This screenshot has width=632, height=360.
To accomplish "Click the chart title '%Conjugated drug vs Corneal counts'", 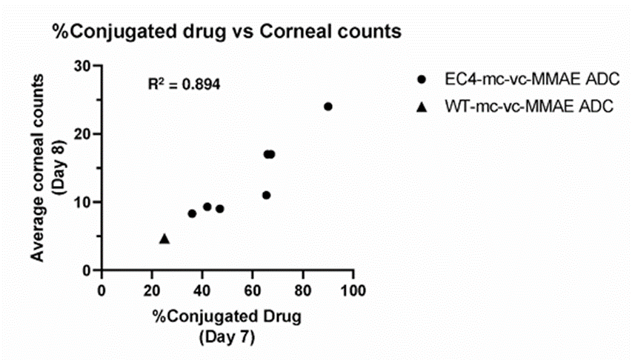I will [226, 32].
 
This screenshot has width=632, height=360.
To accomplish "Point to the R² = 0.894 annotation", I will [184, 84].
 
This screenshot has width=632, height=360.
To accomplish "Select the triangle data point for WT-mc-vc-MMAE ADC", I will [164, 239].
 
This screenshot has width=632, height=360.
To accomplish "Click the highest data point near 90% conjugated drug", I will [328, 107].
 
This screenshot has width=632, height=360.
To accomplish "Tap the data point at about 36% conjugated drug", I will [192, 213].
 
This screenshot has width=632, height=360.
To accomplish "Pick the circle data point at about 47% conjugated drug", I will [220, 209].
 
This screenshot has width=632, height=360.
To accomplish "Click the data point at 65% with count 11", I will [266, 196].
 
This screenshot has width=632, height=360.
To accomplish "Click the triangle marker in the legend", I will [422, 107].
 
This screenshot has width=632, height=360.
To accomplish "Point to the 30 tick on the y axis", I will [83, 66].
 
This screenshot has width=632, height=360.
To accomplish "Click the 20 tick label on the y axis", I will [83, 134].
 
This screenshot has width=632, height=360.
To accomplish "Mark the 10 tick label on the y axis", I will [83, 202].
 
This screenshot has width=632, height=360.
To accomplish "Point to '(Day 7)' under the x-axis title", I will [226, 338].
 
